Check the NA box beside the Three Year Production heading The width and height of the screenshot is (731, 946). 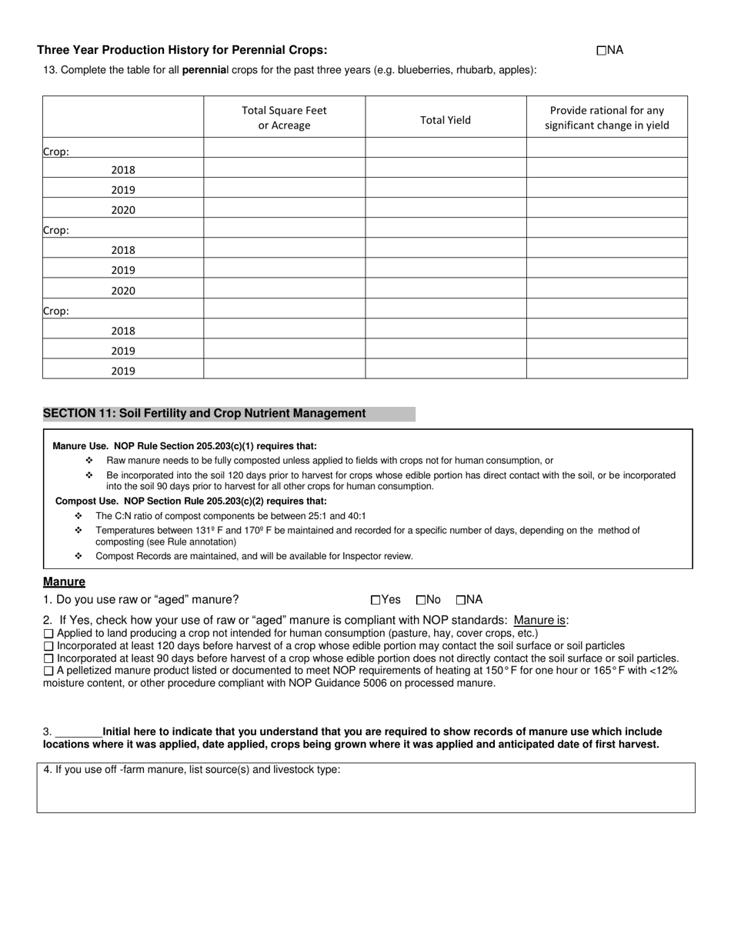point(601,51)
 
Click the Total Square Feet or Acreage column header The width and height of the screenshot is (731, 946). point(284,118)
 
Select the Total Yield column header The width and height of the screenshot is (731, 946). point(446,120)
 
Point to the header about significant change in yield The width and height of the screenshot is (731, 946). point(606,118)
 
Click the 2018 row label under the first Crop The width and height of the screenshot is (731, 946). point(123,170)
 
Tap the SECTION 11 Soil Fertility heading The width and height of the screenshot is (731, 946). point(205,414)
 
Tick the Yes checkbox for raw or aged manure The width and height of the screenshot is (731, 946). point(376,600)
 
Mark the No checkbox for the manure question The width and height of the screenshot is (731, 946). point(421,600)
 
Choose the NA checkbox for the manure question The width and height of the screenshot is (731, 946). point(461,600)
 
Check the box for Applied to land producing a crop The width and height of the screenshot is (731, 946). point(49,633)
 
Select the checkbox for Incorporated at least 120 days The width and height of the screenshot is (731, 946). point(49,646)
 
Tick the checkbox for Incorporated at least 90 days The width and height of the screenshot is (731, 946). point(49,658)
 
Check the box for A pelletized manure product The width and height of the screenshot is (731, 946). point(49,671)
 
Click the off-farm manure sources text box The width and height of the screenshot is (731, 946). point(365,792)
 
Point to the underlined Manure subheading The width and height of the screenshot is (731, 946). point(64,582)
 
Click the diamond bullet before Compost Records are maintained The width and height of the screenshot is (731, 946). point(78,555)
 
